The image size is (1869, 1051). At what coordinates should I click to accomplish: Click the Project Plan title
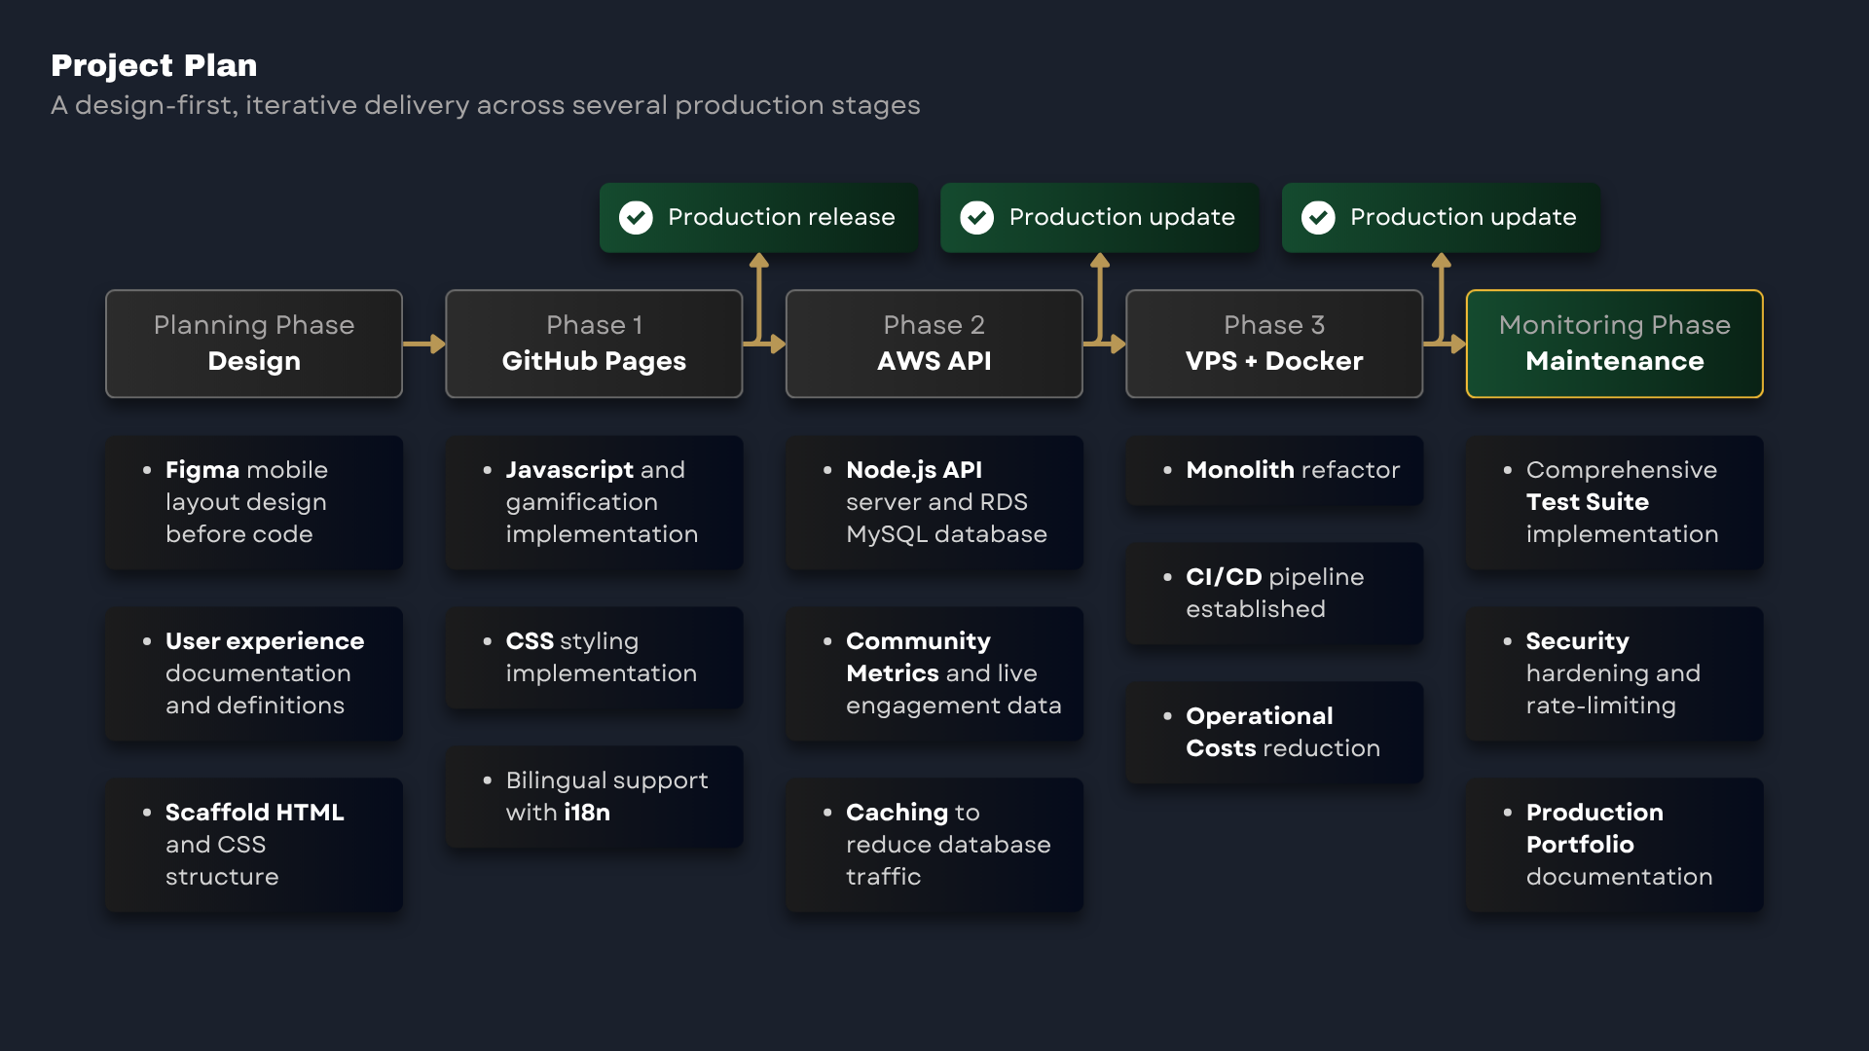[x=154, y=65]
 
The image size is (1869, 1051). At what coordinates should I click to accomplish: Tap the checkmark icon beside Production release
[x=636, y=217]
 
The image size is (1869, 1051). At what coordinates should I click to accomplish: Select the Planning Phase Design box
[x=254, y=344]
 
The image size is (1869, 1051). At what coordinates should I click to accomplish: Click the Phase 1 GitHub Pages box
[x=594, y=344]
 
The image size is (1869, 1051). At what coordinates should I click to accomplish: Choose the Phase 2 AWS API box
[x=934, y=344]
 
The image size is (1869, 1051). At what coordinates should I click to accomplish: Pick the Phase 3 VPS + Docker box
[x=1274, y=344]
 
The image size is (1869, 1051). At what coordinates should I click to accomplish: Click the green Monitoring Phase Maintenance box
[x=1615, y=344]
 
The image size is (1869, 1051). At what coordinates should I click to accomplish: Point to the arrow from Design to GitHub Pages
[x=424, y=344]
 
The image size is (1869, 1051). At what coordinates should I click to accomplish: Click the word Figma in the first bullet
[x=202, y=470]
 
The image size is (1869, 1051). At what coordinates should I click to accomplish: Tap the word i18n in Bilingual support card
[x=587, y=813]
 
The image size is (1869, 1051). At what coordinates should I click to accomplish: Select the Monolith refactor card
[x=1274, y=470]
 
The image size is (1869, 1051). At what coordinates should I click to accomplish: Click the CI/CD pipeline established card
[x=1274, y=593]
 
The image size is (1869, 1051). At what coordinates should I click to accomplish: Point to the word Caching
[x=898, y=813]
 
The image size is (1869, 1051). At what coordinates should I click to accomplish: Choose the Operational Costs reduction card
[x=1274, y=732]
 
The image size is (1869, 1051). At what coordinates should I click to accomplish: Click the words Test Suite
[x=1588, y=502]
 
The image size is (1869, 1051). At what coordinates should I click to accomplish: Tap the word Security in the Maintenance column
[x=1577, y=641]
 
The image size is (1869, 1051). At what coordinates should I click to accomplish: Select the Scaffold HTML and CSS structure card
[x=254, y=845]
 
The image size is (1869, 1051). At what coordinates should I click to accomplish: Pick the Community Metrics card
[x=934, y=673]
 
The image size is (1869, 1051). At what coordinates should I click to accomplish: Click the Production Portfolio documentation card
[x=1615, y=845]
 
